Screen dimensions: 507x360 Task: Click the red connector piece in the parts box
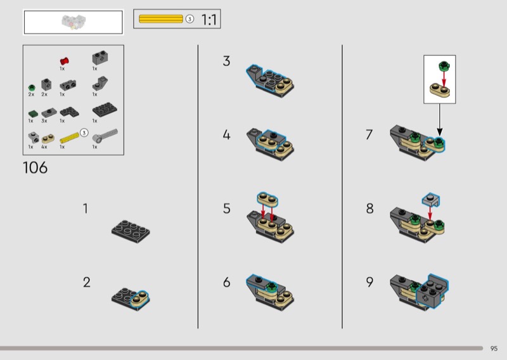[65, 61]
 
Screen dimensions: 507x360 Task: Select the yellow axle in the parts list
[70, 138]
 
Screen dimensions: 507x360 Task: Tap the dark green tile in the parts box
[33, 113]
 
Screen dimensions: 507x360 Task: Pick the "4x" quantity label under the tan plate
[44, 147]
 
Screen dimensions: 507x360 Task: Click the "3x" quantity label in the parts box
[44, 120]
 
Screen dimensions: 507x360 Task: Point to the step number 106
[35, 168]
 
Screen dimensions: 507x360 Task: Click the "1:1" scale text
[209, 20]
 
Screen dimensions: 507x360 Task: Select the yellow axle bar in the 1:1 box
[161, 19]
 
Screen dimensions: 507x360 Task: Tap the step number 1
[86, 209]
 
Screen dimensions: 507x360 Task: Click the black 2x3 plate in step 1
[131, 231]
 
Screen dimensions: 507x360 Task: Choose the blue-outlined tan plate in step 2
[139, 298]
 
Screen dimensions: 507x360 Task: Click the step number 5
[227, 209]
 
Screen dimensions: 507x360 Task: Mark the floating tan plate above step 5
[267, 199]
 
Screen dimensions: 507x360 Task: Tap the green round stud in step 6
[272, 286]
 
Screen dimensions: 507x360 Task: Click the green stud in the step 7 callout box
[444, 66]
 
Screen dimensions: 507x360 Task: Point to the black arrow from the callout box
[439, 119]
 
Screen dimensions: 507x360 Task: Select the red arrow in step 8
[430, 214]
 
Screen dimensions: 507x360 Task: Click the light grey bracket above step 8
[431, 200]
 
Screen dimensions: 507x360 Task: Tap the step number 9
[369, 282]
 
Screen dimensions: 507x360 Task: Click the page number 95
[494, 349]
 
